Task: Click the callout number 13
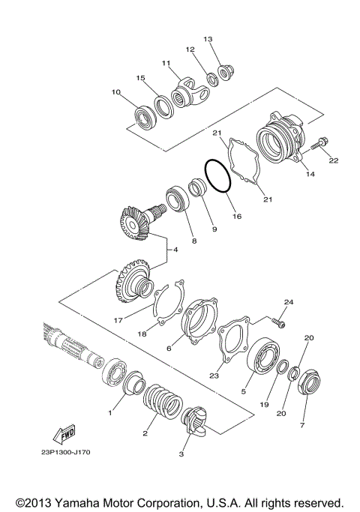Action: click(208, 39)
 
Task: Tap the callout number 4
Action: click(176, 249)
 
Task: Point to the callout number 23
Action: click(213, 376)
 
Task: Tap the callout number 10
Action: click(116, 93)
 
